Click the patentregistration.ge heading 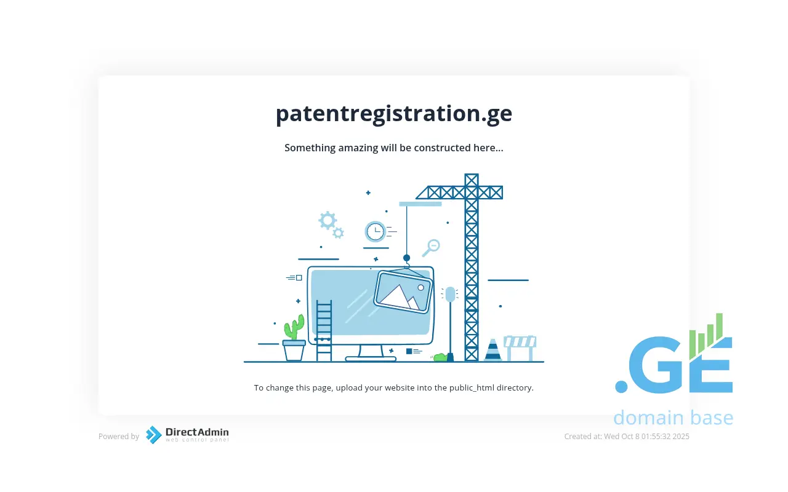click(x=393, y=114)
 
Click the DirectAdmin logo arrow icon click(x=153, y=435)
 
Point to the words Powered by click(x=119, y=437)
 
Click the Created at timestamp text click(x=627, y=437)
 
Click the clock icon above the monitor click(x=375, y=232)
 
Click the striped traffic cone click(x=493, y=350)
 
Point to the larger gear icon click(x=328, y=220)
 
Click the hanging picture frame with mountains click(x=403, y=291)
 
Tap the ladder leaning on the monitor click(x=324, y=330)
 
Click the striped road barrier click(x=520, y=348)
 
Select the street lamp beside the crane click(x=450, y=323)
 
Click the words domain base click(x=673, y=418)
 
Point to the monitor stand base click(x=371, y=359)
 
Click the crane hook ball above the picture click(x=407, y=258)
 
